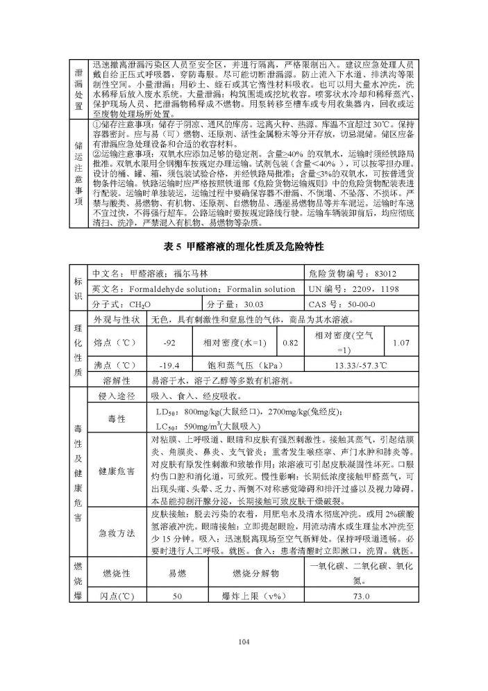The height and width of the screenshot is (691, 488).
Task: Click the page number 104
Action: point(242,641)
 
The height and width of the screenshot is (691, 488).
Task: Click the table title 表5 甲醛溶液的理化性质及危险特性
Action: point(243,247)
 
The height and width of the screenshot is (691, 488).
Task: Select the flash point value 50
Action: point(177,596)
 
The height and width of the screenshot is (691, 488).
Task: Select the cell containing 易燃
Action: point(177,573)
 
